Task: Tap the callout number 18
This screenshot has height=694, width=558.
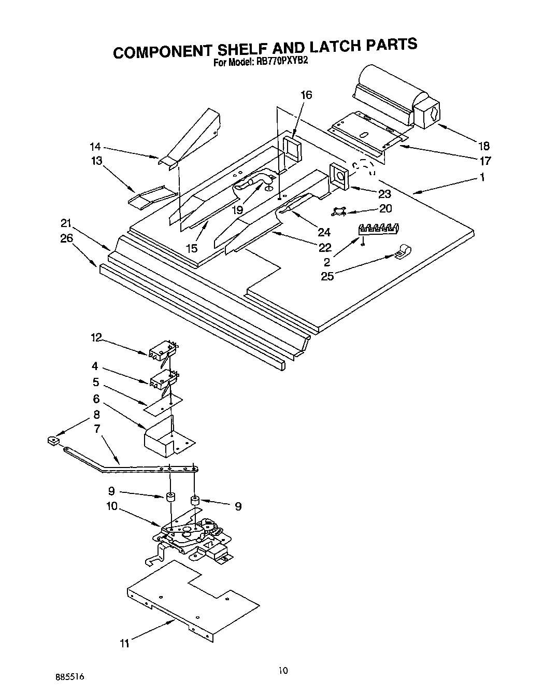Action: [483, 146]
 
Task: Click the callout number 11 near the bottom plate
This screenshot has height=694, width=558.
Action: [124, 644]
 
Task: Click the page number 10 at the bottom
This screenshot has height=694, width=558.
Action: [283, 670]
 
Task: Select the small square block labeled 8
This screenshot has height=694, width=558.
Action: [52, 441]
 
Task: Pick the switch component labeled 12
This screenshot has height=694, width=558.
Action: [163, 352]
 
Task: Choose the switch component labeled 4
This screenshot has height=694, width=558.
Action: [163, 381]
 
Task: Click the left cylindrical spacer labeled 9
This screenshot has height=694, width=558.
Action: [170, 498]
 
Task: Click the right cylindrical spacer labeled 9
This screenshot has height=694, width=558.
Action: [195, 501]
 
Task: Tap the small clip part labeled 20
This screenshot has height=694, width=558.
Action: [338, 211]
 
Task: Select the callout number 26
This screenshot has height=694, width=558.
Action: [67, 238]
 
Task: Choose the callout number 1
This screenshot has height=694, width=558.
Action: [482, 178]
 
